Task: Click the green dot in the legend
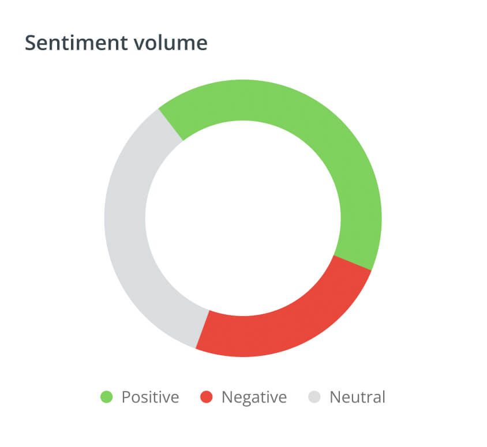point(107,397)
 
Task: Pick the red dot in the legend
point(207,397)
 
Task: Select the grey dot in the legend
point(314,397)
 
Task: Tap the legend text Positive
point(150,397)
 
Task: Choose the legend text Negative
point(254,397)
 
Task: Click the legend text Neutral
point(357,397)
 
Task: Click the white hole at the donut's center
point(243,218)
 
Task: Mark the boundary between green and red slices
point(353,262)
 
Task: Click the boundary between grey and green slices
point(171,124)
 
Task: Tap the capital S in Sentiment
point(31,43)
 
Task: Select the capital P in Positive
point(126,397)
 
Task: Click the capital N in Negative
point(227,397)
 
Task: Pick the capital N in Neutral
point(335,397)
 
